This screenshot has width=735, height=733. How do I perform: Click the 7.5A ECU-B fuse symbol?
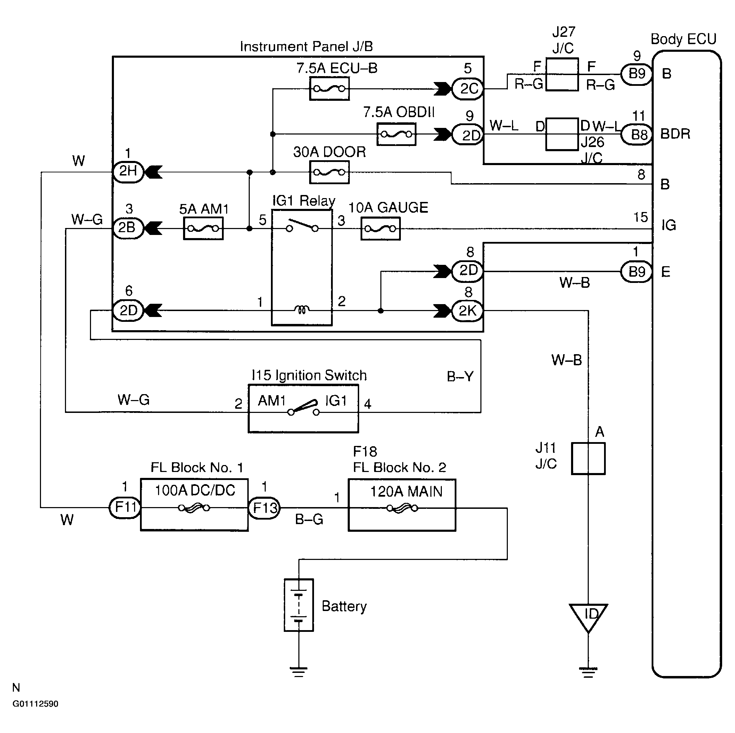click(329, 89)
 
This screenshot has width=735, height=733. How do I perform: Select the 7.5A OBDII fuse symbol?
click(396, 134)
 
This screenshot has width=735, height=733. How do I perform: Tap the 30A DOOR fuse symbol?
click(329, 172)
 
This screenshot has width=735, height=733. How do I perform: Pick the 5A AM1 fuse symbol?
click(203, 228)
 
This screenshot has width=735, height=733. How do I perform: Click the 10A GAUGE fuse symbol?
click(380, 229)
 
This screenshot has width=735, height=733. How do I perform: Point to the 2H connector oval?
click(128, 172)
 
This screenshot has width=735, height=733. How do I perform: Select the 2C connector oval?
click(468, 89)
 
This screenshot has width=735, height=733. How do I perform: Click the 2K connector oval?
click(467, 311)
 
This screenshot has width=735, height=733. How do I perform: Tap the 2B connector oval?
click(128, 228)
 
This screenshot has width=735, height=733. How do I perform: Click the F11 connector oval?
click(125, 507)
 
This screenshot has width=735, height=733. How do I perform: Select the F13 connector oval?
click(264, 507)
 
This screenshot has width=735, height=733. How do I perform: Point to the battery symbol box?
click(299, 605)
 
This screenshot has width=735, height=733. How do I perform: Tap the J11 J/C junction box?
click(588, 458)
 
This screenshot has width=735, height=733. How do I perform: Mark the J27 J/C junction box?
click(562, 75)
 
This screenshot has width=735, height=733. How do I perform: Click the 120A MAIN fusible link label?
click(406, 491)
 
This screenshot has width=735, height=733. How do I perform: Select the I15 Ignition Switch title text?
click(309, 375)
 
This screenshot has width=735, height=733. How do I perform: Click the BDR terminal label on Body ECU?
click(675, 134)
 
